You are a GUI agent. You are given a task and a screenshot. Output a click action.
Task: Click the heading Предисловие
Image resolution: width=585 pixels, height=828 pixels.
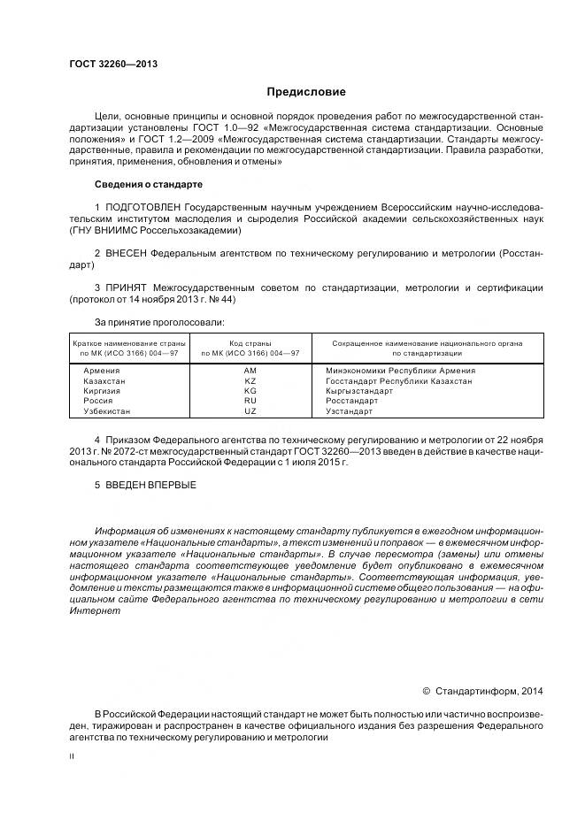[307, 91]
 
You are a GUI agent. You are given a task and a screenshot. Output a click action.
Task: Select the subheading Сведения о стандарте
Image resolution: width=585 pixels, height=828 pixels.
[149, 185]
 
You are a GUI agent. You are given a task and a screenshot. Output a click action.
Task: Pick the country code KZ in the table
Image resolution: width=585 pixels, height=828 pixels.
[250, 381]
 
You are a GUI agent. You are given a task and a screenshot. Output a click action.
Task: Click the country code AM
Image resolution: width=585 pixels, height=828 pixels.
[250, 371]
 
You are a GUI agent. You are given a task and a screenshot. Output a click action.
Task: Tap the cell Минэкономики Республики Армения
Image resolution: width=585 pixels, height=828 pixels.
[400, 371]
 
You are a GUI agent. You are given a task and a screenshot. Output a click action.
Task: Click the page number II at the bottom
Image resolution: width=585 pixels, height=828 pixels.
[72, 757]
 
